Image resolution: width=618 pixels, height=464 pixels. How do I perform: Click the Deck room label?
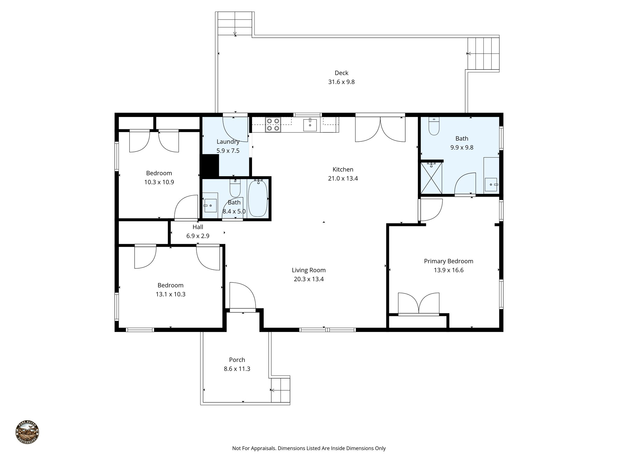(341, 73)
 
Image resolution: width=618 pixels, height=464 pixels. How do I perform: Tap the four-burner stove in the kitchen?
(273, 125)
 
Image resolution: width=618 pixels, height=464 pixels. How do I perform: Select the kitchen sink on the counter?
(310, 125)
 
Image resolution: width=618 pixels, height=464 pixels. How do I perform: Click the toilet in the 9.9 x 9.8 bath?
(434, 127)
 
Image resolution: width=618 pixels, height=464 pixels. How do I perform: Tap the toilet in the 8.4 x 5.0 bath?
(235, 188)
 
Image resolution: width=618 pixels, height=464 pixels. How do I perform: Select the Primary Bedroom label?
(448, 261)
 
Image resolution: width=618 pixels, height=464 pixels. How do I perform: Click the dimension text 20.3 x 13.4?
(309, 279)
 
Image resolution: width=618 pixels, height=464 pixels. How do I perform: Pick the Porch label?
(237, 360)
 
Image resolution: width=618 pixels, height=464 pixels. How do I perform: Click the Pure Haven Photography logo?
(27, 432)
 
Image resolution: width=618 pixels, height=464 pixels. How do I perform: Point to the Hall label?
(198, 227)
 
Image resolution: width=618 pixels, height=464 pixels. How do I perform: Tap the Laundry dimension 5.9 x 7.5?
(228, 151)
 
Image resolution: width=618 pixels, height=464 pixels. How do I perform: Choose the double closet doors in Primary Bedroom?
(419, 304)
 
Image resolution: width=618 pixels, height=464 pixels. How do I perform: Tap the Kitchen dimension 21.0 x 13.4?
(343, 179)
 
